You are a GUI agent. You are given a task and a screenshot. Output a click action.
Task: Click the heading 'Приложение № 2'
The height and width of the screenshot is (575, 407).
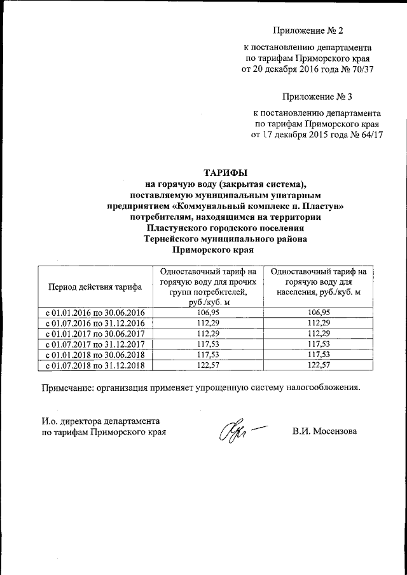(308, 30)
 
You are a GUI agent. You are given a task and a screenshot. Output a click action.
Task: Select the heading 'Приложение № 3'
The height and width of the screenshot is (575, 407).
(317, 97)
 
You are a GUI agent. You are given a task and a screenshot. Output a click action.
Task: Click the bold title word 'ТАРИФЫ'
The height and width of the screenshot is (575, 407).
(225, 172)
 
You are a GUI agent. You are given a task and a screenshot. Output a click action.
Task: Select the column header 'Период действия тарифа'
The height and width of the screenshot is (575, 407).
(95, 287)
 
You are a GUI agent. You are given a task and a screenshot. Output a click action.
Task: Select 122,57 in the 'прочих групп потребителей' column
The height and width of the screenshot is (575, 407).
(209, 366)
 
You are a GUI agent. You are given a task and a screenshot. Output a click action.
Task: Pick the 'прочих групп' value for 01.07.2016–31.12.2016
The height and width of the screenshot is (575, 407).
(209, 323)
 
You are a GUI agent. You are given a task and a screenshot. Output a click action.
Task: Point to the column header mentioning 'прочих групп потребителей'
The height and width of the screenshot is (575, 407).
(209, 287)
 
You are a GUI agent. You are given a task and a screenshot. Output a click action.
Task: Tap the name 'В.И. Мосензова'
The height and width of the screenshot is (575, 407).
(325, 431)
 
